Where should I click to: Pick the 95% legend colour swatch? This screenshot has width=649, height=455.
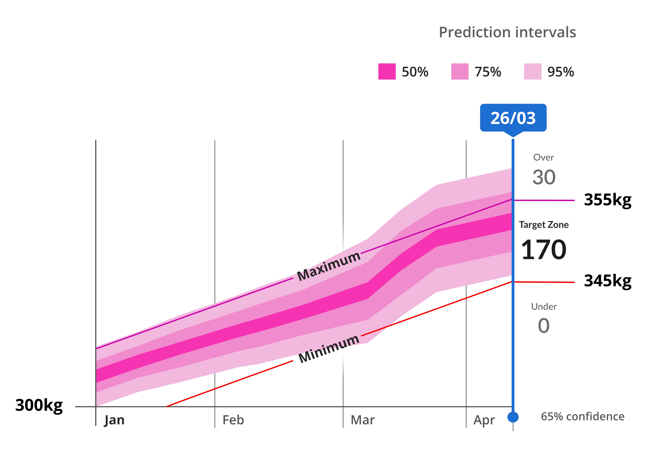[x=533, y=72]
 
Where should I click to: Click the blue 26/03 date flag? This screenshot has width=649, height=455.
[x=513, y=118]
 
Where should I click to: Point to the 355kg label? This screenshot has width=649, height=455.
[x=608, y=200]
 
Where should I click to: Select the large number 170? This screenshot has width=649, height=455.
[x=544, y=250]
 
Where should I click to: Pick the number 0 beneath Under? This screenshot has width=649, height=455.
[x=544, y=326]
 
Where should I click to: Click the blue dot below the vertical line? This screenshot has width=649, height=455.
[x=513, y=417]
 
